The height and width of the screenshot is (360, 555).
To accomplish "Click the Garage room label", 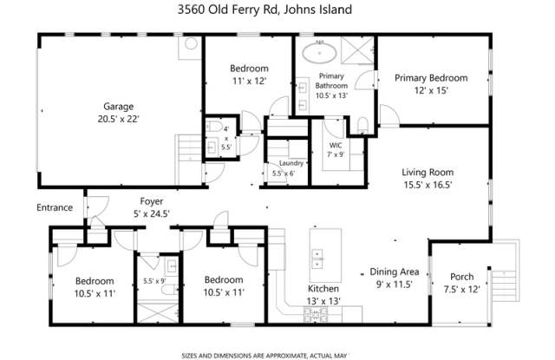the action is click(118, 106).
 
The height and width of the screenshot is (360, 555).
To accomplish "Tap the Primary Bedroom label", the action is click(431, 78).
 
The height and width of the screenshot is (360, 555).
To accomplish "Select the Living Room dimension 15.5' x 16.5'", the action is click(428, 185).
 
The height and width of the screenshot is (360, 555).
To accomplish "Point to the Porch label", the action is click(461, 277).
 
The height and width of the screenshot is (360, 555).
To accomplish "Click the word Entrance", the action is click(55, 207).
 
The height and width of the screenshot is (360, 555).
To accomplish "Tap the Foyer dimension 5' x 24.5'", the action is click(152, 213).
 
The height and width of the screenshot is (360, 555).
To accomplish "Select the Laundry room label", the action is click(291, 163).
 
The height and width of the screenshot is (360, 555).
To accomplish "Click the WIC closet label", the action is click(336, 145).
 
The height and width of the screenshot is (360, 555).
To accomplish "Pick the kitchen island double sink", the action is click(317, 259).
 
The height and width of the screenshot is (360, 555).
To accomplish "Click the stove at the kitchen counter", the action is click(316, 314).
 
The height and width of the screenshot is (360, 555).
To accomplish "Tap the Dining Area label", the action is click(395, 272).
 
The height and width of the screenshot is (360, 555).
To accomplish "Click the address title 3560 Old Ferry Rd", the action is click(229, 10).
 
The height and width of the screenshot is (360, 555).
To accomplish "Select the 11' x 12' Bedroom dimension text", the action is click(249, 81).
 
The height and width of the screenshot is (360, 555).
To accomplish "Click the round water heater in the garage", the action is click(191, 43).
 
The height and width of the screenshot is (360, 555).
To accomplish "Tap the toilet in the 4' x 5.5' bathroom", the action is click(214, 127).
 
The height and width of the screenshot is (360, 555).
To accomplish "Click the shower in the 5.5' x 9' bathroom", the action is click(158, 312).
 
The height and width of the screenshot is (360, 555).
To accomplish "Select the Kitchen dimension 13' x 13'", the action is click(323, 301).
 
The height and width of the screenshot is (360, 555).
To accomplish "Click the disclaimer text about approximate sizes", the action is click(264, 356).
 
